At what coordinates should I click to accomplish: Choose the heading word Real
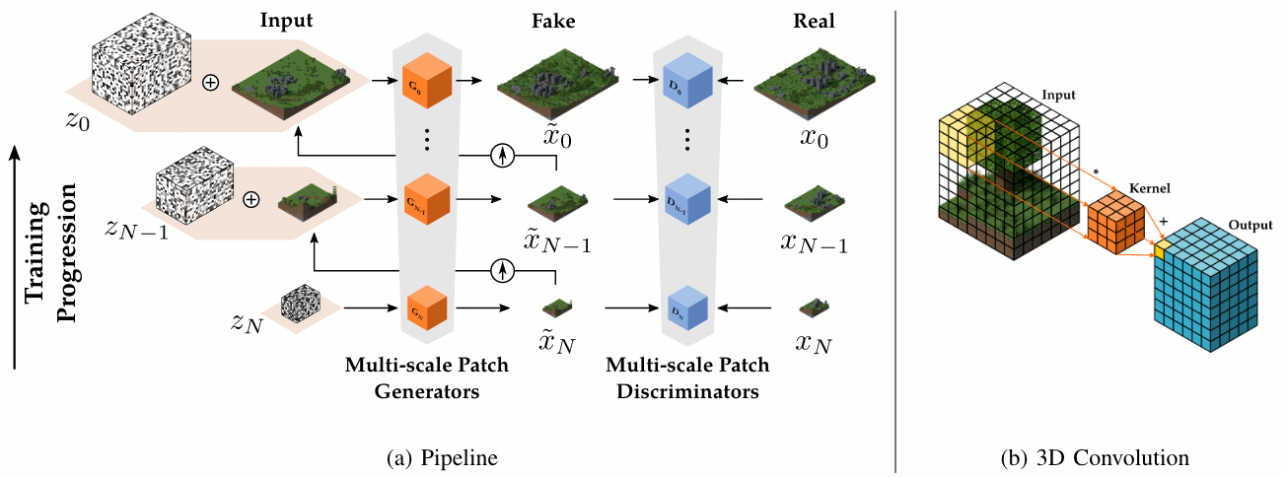pos(815,20)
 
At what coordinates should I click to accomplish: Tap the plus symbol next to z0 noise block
pos(209,83)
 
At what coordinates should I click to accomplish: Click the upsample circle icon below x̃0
pos(503,155)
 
